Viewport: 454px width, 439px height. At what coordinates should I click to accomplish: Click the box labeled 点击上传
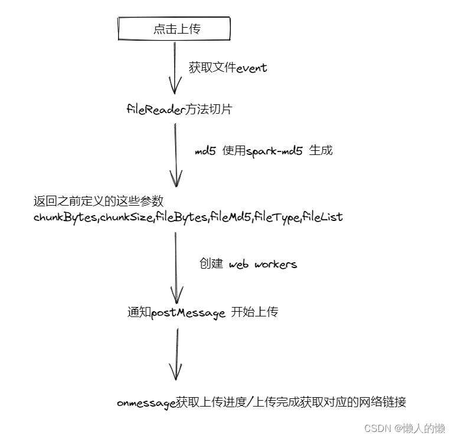[174, 28]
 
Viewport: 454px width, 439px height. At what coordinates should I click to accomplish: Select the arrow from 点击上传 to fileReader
[175, 68]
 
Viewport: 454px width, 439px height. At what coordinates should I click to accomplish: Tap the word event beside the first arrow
[252, 68]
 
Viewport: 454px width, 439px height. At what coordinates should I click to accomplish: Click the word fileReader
[156, 109]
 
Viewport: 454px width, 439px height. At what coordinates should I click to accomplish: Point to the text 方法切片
[208, 109]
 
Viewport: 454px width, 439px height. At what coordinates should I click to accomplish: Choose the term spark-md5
[274, 151]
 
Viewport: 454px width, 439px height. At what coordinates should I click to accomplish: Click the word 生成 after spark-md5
[321, 150]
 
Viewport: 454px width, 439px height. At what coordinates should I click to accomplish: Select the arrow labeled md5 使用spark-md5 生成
[176, 155]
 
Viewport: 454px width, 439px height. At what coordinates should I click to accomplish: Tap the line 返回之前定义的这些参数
[99, 201]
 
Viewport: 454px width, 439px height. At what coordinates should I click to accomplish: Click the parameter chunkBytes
[66, 217]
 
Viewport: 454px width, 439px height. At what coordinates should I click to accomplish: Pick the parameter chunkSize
[126, 217]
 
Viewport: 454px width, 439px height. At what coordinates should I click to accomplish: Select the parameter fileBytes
[182, 217]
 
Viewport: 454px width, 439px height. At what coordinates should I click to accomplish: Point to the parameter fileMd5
[231, 217]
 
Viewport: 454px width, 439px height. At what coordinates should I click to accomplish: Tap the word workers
[276, 264]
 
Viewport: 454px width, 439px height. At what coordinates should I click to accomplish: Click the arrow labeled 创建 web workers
[176, 268]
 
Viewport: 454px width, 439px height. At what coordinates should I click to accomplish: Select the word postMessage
[188, 313]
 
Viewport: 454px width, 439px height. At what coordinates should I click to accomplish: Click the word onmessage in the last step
[146, 403]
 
